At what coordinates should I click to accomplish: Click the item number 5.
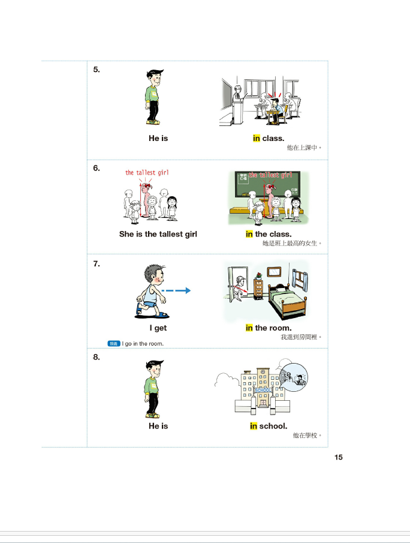pyautogui.click(x=96, y=70)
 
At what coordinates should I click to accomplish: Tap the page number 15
pyautogui.click(x=339, y=457)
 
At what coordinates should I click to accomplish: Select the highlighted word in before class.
pyautogui.click(x=257, y=138)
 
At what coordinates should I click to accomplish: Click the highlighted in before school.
pyautogui.click(x=254, y=426)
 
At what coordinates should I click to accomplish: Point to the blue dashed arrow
pyautogui.click(x=176, y=290)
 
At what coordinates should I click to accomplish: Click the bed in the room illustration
pyautogui.click(x=288, y=300)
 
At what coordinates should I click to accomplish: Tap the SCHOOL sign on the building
pyautogui.click(x=263, y=390)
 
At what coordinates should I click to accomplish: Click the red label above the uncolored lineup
pyautogui.click(x=147, y=172)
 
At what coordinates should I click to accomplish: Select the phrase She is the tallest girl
pyautogui.click(x=158, y=234)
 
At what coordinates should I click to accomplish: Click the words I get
pyautogui.click(x=158, y=328)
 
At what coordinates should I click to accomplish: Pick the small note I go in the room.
pyautogui.click(x=143, y=344)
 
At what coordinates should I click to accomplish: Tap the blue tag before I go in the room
pyautogui.click(x=114, y=344)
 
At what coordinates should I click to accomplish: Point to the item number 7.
pyautogui.click(x=96, y=264)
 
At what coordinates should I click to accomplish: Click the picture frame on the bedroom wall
pyautogui.click(x=274, y=272)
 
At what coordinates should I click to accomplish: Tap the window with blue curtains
pyautogui.click(x=300, y=280)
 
